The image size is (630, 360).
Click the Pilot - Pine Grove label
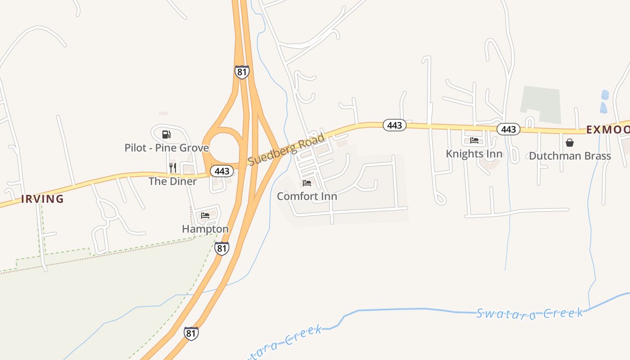[166, 148]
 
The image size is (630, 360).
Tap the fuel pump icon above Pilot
[166, 134]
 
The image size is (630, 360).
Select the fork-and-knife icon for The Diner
[173, 168]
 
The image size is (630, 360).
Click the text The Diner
[173, 181]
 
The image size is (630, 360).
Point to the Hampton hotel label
[205, 229]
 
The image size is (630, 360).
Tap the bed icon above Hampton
[205, 216]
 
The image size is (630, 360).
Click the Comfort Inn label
[307, 196]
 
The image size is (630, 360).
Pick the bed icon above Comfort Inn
[307, 183]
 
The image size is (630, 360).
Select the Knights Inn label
[474, 154]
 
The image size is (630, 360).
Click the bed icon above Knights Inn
[474, 140]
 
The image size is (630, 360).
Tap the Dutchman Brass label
[570, 156]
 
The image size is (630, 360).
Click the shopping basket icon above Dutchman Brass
[570, 143]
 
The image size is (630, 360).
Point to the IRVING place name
[42, 199]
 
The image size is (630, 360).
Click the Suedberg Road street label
[286, 150]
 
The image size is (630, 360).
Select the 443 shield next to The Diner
[222, 171]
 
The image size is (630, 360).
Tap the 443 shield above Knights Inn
[508, 130]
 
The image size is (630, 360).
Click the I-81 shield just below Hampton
[221, 248]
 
